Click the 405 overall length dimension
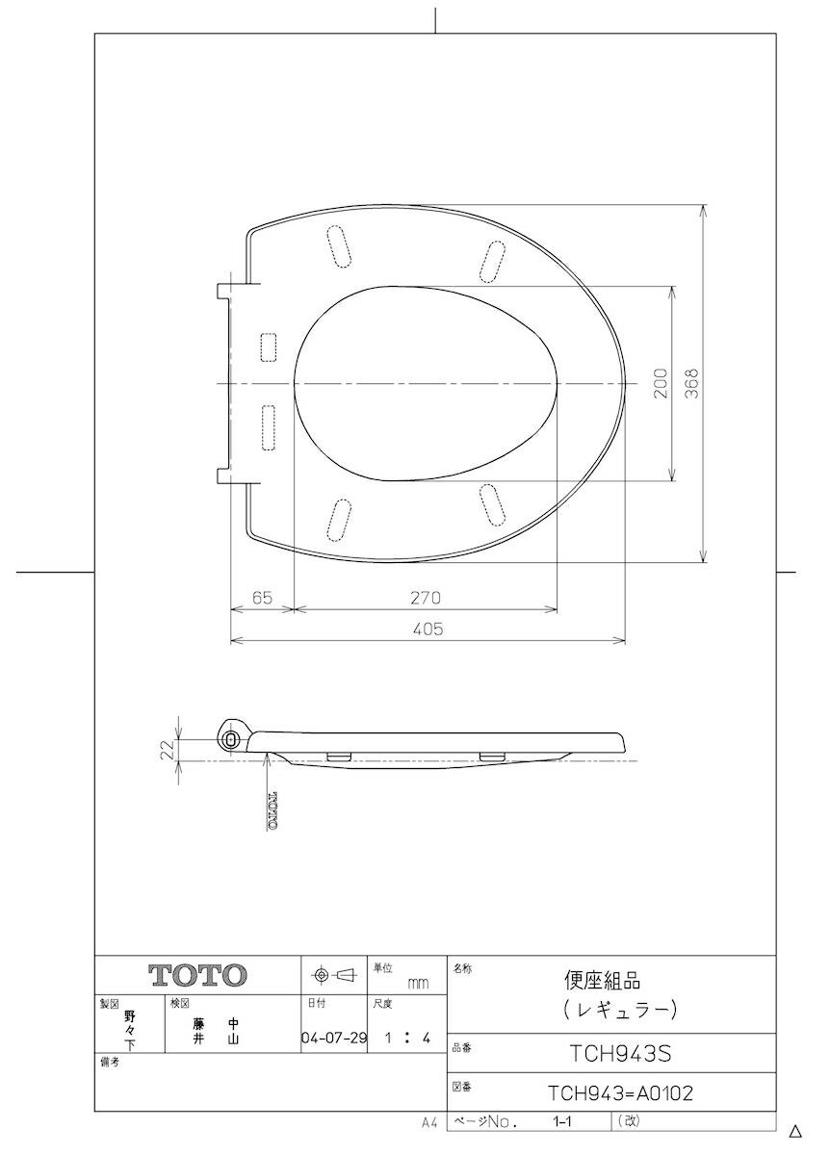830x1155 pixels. [428, 629]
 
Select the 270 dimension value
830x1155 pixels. [426, 598]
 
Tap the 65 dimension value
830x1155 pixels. [262, 598]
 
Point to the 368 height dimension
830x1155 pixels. [692, 383]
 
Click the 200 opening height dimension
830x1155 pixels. [661, 383]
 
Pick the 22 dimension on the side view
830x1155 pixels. [168, 750]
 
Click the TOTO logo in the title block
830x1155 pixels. [197, 975]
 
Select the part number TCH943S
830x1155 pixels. [620, 1054]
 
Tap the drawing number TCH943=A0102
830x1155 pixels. [620, 1092]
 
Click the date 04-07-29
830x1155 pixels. [334, 1038]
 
